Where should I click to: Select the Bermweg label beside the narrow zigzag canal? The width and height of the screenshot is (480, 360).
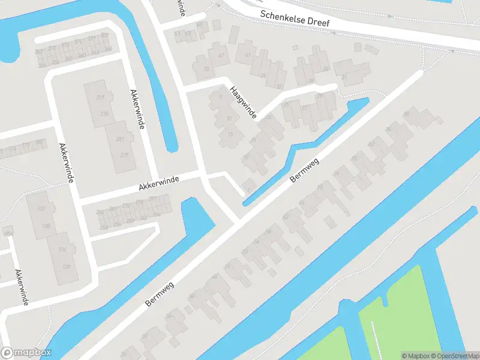[304, 170]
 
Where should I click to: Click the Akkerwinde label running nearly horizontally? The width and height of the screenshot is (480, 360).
[159, 182]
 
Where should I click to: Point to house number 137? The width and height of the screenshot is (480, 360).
[42, 209]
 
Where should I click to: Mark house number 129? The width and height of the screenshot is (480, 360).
[67, 266]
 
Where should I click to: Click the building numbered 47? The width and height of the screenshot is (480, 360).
[221, 56]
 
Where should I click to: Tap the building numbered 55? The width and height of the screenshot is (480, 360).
[206, 69]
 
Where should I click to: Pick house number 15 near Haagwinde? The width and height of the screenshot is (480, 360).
[231, 134]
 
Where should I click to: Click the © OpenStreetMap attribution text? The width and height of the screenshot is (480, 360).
[451, 356]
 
